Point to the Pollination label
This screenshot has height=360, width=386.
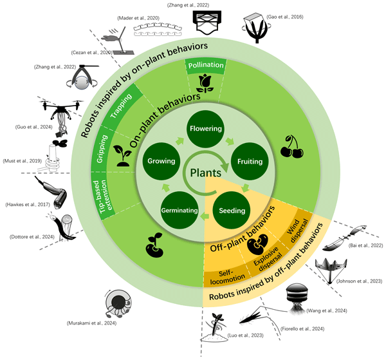tap(205, 66)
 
